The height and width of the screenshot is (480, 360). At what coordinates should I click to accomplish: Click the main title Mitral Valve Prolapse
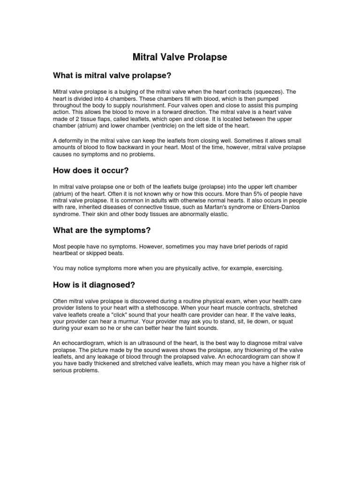click(180, 57)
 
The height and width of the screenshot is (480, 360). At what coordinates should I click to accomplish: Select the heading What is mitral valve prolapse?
click(112, 75)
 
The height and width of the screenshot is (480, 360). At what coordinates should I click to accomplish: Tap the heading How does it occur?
click(90, 171)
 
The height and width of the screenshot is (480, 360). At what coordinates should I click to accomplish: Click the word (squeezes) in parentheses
click(267, 92)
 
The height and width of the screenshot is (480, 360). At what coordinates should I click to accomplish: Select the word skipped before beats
click(93, 253)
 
